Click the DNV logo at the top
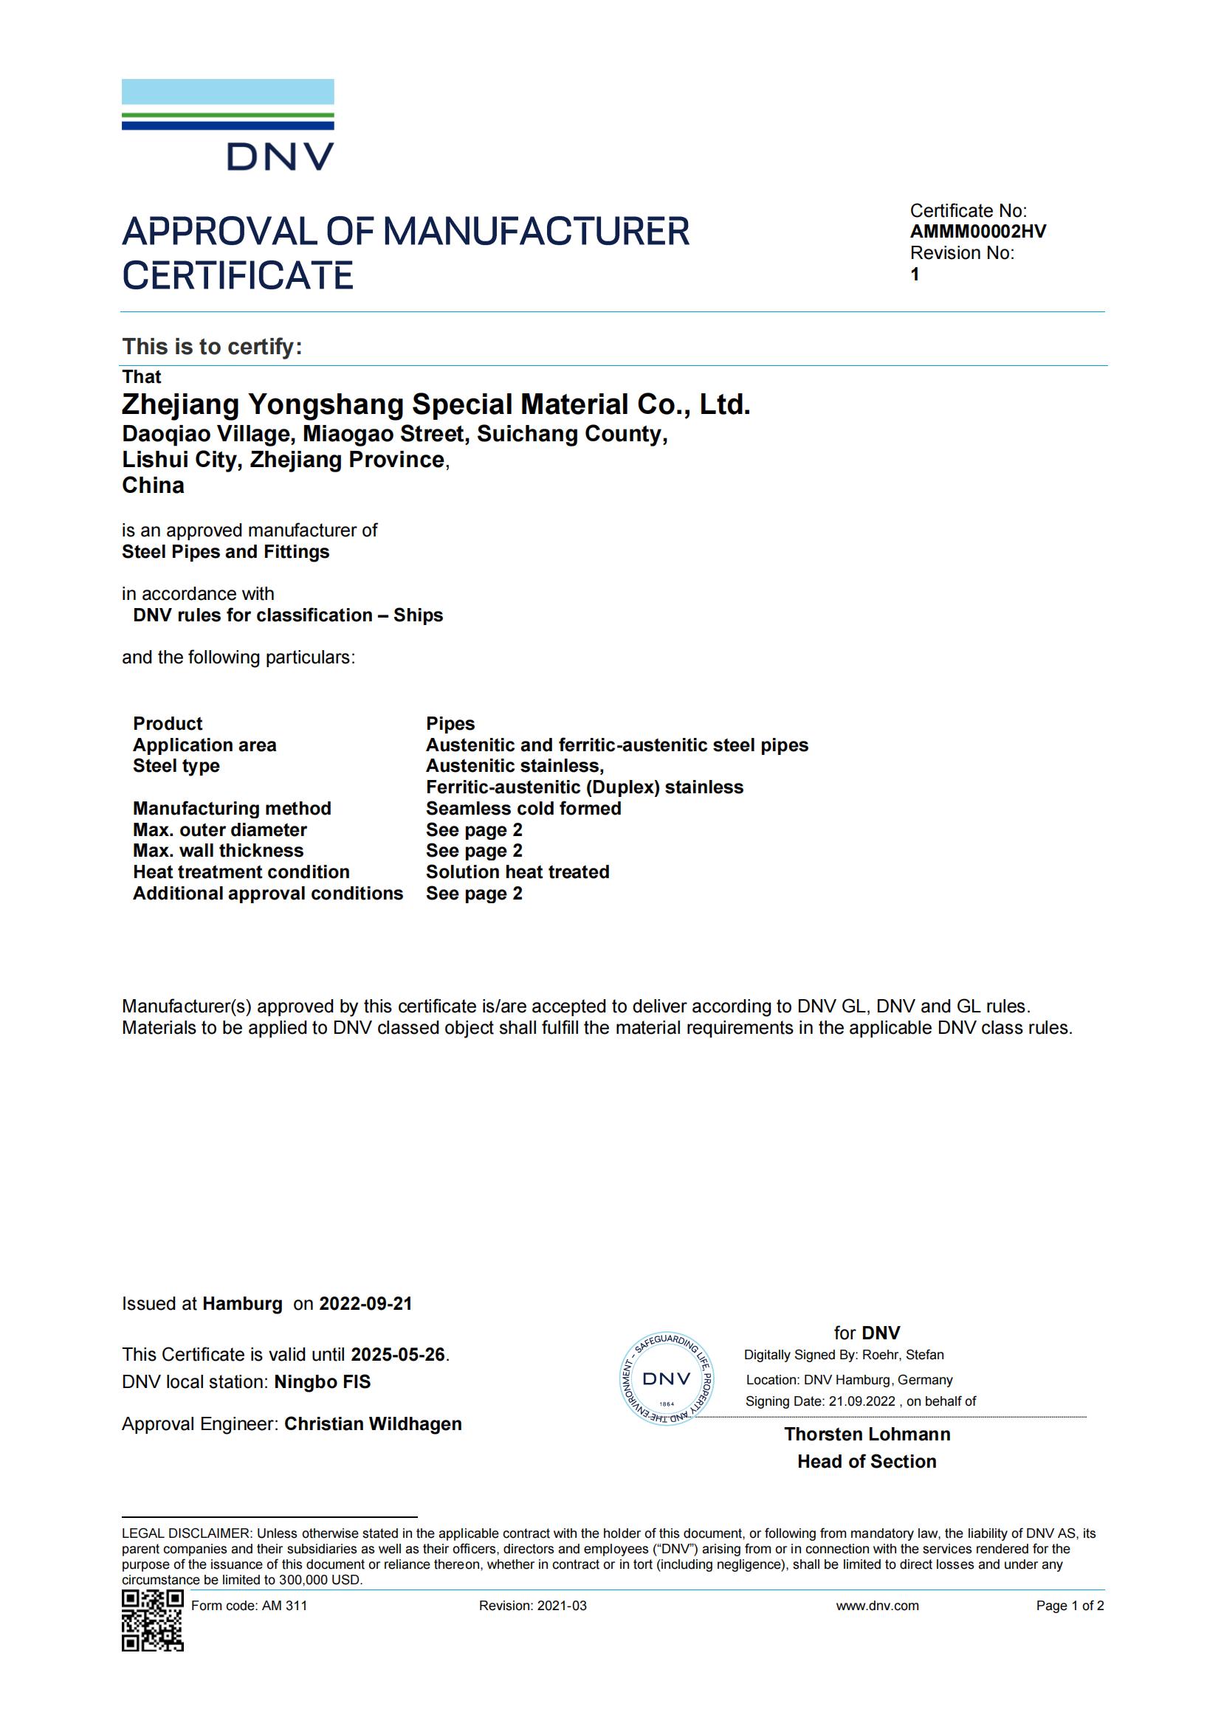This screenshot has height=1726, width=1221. click(228, 125)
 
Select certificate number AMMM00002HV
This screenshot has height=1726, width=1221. click(977, 232)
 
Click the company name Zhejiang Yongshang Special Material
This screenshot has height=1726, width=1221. click(436, 404)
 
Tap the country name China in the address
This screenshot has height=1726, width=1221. click(154, 486)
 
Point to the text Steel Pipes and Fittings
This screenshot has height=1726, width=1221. click(226, 552)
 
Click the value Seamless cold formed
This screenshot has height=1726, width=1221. click(523, 808)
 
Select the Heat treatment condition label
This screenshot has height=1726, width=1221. click(241, 872)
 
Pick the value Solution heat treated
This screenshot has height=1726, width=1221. click(517, 872)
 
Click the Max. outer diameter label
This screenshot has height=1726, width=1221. click(219, 830)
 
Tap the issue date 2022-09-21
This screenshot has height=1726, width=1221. click(365, 1304)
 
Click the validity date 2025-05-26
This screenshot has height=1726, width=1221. click(398, 1355)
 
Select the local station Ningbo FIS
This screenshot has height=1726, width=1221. click(322, 1381)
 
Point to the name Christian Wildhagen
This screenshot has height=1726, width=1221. click(373, 1423)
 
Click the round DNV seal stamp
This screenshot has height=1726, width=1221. click(666, 1378)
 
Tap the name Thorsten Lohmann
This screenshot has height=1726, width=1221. click(867, 1434)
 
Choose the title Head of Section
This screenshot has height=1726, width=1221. click(867, 1461)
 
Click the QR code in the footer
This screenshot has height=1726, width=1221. click(153, 1620)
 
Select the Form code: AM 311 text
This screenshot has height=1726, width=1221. click(249, 1606)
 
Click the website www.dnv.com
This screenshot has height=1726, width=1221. click(877, 1606)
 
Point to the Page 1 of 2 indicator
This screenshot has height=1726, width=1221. click(1069, 1606)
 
